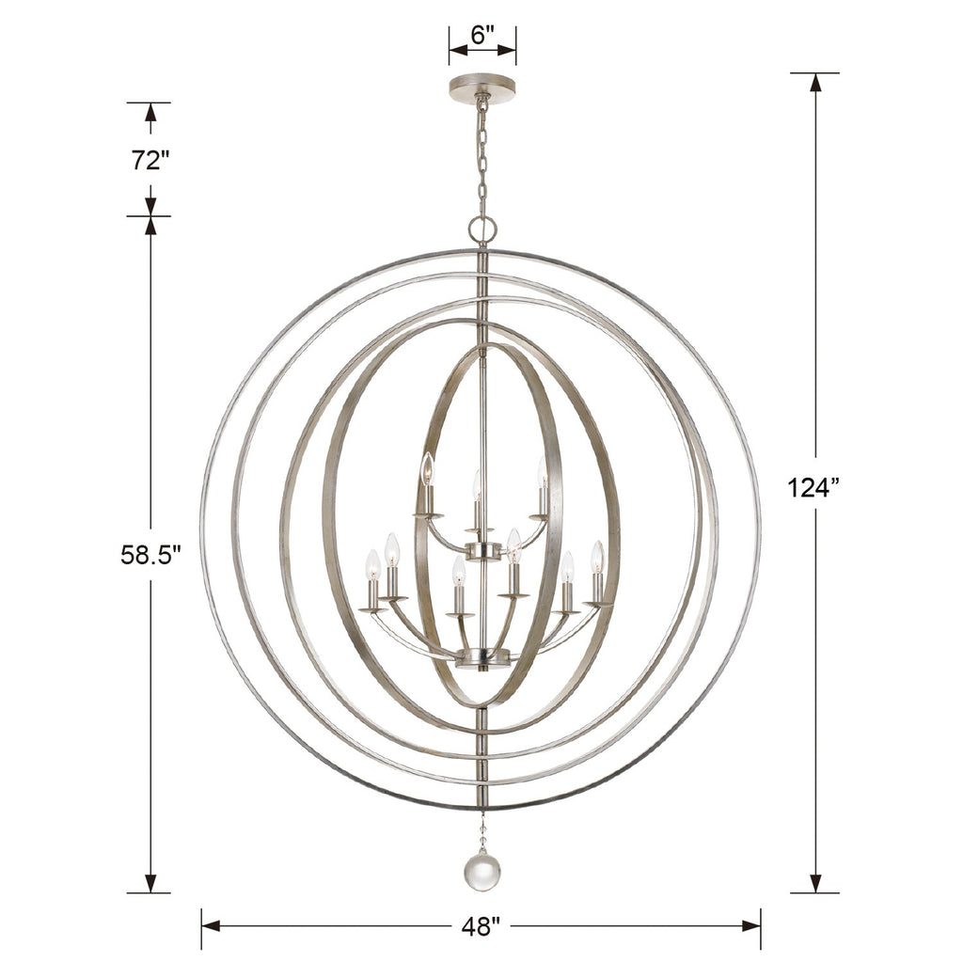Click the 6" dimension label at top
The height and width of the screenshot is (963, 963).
(x=481, y=36)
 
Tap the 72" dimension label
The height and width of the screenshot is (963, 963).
(x=150, y=160)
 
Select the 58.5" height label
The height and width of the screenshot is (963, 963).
(x=150, y=555)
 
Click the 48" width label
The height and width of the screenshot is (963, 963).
(x=481, y=926)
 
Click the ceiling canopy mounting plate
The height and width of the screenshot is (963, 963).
(x=481, y=88)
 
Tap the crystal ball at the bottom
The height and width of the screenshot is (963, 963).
(x=481, y=872)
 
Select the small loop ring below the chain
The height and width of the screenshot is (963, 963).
(x=481, y=228)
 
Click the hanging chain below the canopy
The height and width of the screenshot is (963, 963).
(x=481, y=155)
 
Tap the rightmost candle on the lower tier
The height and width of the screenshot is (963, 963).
(x=597, y=572)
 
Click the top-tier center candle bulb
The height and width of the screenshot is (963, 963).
(x=478, y=498)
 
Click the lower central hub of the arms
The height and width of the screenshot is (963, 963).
(x=481, y=657)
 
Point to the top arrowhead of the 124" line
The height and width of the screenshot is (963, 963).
(x=814, y=82)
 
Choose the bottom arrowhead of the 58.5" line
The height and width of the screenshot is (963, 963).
(x=150, y=883)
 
